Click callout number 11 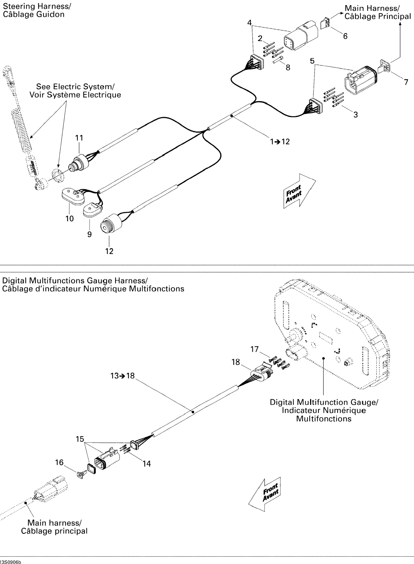[79, 138]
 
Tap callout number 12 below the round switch [109, 251]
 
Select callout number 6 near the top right [345, 36]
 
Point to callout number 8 [288, 67]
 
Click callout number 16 [59, 462]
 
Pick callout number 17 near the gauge [254, 349]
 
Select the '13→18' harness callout [122, 376]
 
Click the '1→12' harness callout [280, 142]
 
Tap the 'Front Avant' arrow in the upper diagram [299, 191]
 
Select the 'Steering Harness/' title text [37, 6]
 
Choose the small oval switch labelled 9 [92, 210]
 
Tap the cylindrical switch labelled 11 [79, 163]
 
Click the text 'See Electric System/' [75, 87]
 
